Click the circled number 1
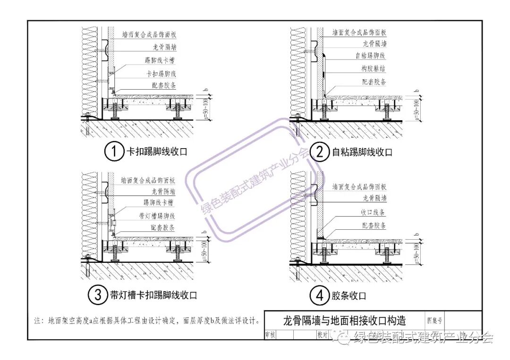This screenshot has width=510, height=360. click(113, 152)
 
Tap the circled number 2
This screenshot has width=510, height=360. click(320, 152)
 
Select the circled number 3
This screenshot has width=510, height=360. click(98, 295)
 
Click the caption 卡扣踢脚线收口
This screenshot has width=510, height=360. click(156, 152)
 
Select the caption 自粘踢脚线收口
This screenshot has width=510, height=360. click(362, 152)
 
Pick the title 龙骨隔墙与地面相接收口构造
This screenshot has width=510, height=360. click(344, 321)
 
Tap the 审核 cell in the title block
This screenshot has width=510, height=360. click(271, 334)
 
